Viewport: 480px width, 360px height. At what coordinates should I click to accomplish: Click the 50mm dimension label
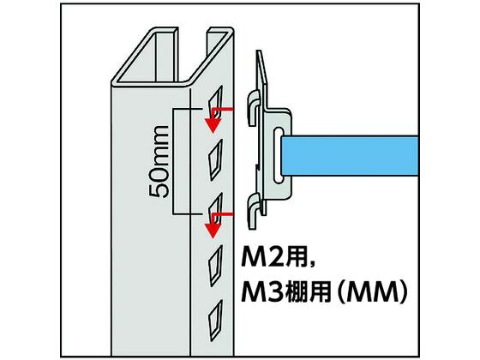point(159,162)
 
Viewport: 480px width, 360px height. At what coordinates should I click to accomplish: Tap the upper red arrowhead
point(213,125)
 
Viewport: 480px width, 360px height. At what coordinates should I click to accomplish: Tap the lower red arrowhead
point(213,231)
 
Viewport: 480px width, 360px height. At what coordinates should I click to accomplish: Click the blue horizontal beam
point(350,156)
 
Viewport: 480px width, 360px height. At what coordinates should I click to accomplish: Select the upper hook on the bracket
point(253,107)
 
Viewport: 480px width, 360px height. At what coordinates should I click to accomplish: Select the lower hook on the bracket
point(253,211)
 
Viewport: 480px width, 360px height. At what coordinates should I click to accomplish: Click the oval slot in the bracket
point(279,155)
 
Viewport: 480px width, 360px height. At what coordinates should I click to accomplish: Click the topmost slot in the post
point(215,100)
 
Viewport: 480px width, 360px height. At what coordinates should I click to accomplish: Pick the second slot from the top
point(215,159)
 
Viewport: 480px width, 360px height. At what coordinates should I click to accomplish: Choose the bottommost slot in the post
point(215,321)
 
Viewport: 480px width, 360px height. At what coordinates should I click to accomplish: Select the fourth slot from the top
point(215,267)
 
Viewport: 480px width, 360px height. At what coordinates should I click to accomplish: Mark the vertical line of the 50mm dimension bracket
point(173,161)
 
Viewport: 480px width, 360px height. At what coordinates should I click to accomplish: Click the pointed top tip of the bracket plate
point(258,51)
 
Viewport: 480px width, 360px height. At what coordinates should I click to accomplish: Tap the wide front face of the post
point(151,220)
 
